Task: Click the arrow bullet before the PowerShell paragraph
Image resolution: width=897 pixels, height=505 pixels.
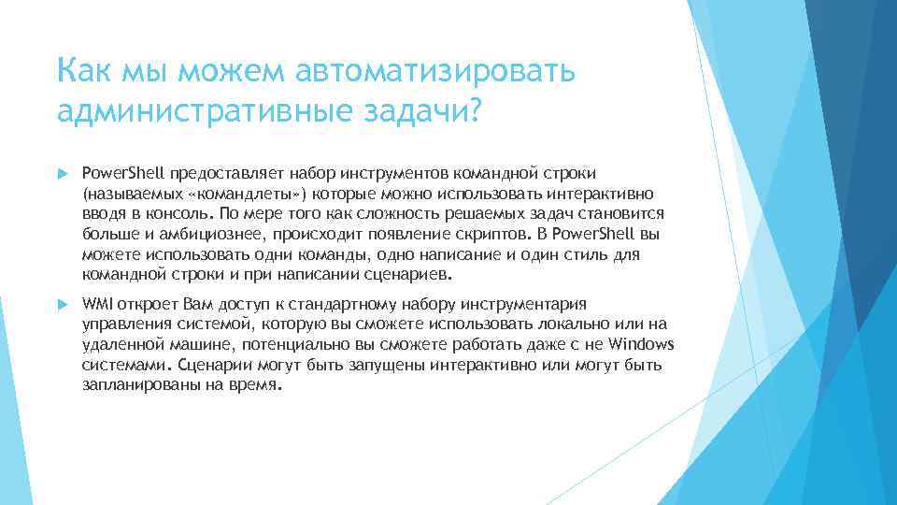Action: (63, 174)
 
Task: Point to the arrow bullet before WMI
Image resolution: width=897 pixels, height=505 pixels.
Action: (63, 305)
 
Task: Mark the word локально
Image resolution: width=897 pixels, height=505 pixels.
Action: (550, 325)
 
